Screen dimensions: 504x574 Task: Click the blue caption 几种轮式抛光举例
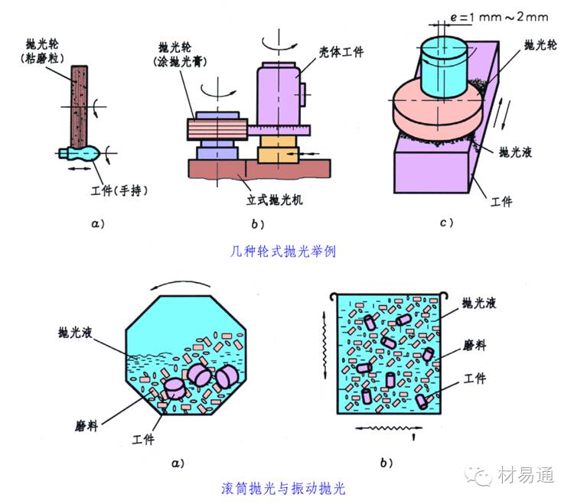tap(282, 250)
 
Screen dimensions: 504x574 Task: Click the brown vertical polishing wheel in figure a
tap(80, 103)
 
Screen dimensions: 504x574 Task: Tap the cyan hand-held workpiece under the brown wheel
tap(82, 152)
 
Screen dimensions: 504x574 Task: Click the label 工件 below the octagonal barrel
tap(144, 439)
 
